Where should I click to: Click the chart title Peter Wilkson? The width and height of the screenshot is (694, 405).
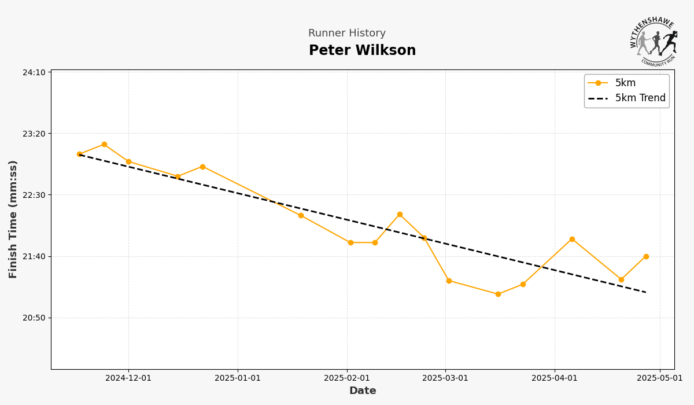362,51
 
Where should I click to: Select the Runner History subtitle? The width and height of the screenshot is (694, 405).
346,34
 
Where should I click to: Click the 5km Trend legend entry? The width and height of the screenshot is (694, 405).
640,98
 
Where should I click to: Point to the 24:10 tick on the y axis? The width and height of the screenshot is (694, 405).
34,72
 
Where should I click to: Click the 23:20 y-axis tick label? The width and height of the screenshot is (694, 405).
34,134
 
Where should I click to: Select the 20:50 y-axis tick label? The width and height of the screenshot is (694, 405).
34,318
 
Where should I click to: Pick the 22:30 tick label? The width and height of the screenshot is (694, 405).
34,195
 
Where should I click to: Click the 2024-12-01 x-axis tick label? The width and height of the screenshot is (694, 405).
128,378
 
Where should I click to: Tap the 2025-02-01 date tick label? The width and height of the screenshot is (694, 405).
347,378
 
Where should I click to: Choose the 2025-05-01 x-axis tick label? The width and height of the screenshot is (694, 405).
660,378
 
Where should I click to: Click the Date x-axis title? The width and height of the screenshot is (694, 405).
363,391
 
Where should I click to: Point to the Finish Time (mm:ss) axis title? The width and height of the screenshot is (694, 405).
13,219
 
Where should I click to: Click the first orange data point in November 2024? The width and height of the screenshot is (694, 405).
79,154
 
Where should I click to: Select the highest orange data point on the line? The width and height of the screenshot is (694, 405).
104,145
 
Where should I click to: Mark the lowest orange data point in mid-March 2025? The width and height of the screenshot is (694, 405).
498,294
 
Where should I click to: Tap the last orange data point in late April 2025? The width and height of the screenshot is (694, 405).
646,256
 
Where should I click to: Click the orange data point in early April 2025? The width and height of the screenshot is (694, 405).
572,239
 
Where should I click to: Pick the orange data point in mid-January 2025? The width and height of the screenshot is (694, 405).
301,215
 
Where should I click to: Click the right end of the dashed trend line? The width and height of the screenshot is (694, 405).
645,292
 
